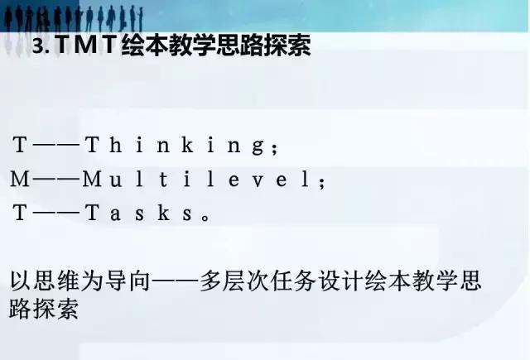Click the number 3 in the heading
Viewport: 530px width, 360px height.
pos(37,47)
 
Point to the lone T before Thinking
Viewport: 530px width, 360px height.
pos(21,146)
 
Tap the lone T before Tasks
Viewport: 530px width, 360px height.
pos(21,213)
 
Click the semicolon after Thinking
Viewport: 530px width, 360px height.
pos(275,148)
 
